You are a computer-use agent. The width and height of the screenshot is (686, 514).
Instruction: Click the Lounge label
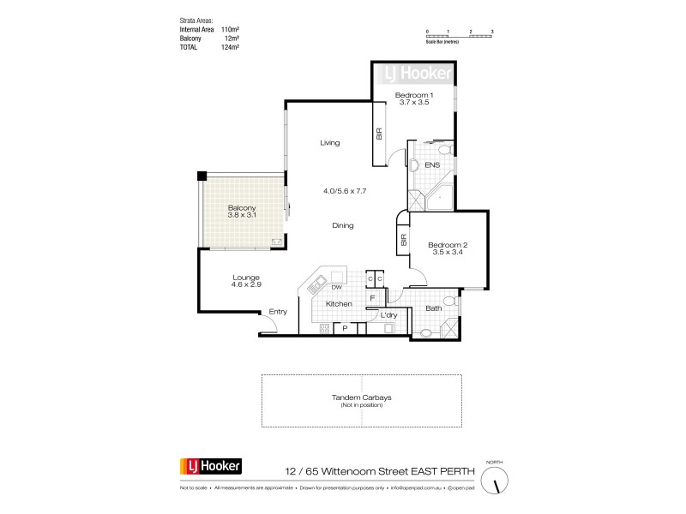(245, 277)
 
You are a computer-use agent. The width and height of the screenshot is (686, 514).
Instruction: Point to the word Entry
(277, 311)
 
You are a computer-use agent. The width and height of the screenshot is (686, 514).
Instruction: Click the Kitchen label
(338, 304)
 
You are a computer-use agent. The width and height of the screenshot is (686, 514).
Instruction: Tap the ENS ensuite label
(433, 164)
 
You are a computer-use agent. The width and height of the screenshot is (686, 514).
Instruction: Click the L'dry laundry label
(388, 316)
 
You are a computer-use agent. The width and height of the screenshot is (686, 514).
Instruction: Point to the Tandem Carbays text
(361, 396)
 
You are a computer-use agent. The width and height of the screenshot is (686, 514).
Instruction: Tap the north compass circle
(495, 484)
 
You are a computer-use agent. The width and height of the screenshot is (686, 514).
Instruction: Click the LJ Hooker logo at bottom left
(211, 467)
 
